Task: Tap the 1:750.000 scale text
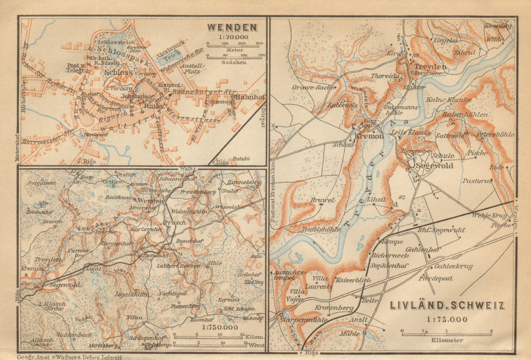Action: pyautogui.click(x=219, y=328)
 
